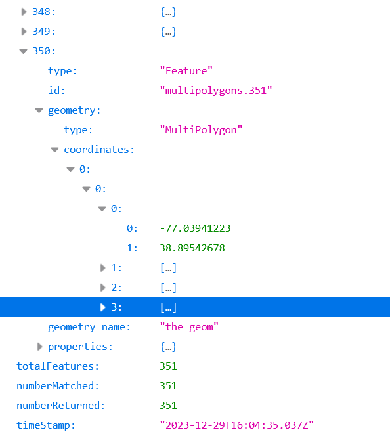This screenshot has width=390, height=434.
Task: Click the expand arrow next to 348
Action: (24, 12)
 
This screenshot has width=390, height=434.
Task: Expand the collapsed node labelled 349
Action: (24, 32)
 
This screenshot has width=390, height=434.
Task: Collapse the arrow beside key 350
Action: (23, 51)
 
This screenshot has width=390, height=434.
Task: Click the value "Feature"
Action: (186, 71)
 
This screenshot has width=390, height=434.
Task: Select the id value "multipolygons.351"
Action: (216, 91)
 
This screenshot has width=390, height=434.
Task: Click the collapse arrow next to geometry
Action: (39, 110)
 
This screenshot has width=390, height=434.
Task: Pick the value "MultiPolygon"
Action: (201, 130)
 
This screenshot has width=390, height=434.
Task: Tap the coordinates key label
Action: (99, 150)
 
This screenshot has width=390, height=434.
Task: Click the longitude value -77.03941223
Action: (195, 228)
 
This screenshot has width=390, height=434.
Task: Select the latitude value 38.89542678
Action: (192, 248)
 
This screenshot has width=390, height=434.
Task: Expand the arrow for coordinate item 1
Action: (102, 268)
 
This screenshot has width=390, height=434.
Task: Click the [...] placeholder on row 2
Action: (168, 288)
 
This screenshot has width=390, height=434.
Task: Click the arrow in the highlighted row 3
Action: (102, 307)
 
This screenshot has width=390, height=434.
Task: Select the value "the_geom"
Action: (189, 327)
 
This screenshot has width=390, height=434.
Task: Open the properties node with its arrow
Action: (39, 347)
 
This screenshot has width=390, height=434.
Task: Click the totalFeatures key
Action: (58, 366)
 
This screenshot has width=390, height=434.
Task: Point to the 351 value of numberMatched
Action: (168, 386)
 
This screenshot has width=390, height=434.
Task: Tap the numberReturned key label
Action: (60, 406)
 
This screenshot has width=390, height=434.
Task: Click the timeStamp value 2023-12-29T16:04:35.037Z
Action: (236, 425)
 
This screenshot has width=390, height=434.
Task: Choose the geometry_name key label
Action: (89, 327)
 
